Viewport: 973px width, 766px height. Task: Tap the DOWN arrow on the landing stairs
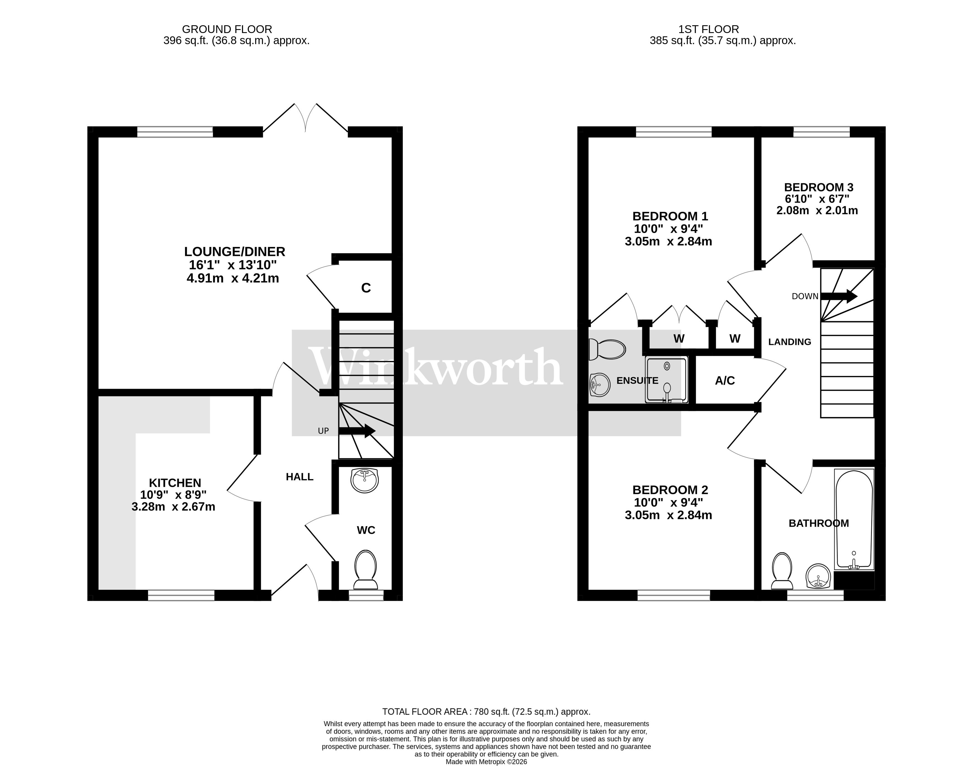click(x=838, y=296)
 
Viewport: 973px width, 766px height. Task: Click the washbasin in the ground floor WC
click(x=365, y=480)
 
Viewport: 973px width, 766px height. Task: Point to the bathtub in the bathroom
click(x=854, y=519)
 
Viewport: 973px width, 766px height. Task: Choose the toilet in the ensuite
click(x=607, y=349)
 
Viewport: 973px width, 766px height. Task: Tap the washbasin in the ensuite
click(x=600, y=385)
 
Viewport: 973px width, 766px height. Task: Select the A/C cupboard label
click(x=725, y=381)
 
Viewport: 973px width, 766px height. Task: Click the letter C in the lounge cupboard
click(x=366, y=288)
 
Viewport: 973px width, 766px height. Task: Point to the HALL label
click(x=300, y=477)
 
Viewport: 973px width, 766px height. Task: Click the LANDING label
click(x=790, y=342)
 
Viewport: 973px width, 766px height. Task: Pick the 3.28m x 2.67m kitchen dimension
click(x=173, y=507)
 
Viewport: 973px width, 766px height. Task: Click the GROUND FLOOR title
click(x=227, y=29)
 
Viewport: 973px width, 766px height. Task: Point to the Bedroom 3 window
click(x=822, y=132)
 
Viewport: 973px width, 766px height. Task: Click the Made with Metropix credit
click(x=486, y=762)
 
